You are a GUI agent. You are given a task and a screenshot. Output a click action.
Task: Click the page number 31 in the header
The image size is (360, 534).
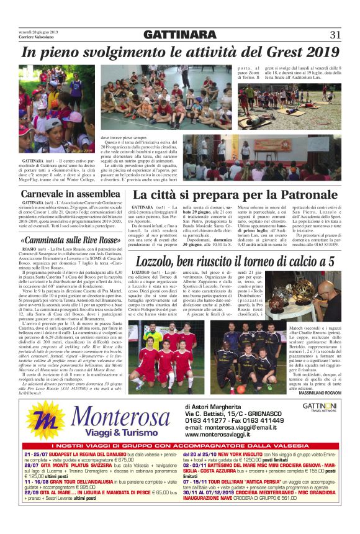[335, 34]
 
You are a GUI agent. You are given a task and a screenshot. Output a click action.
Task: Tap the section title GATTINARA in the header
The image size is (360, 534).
[179, 34]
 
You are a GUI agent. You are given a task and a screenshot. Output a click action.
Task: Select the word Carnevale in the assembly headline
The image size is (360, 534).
[45, 194]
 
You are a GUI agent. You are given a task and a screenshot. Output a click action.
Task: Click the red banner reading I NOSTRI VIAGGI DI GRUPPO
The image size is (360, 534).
[179, 446]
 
